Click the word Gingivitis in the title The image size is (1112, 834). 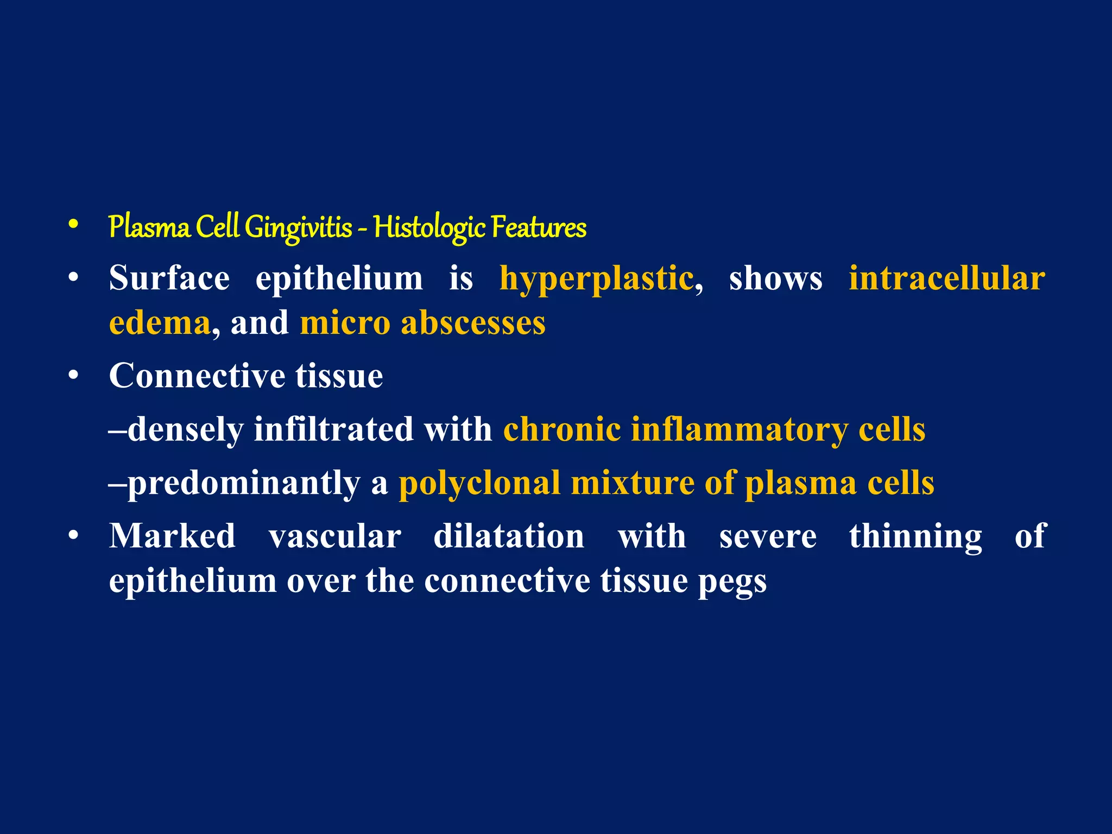click(298, 228)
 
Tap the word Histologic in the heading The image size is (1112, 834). click(429, 228)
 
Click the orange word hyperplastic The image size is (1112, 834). click(596, 279)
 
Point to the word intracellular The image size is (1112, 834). click(947, 278)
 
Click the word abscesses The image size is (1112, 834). click(473, 323)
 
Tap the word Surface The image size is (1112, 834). click(169, 278)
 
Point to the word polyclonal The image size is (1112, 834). click(479, 483)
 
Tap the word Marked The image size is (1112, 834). click(172, 536)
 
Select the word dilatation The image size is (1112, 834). click(509, 536)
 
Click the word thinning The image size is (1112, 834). click(915, 536)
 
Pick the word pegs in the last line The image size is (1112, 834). click(732, 582)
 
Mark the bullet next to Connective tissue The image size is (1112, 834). click(74, 375)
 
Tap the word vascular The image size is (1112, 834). click(335, 536)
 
